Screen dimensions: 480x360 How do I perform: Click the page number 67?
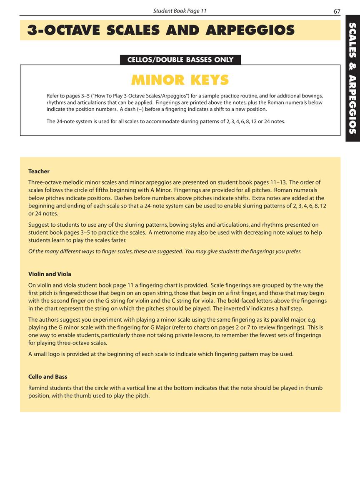337,11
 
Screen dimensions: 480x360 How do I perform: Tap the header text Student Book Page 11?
180,11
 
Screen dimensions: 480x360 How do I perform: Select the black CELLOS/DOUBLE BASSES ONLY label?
180,60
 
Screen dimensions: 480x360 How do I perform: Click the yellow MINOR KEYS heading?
180,80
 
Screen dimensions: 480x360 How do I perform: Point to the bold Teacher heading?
39,171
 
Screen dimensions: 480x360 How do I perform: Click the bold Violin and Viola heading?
50,274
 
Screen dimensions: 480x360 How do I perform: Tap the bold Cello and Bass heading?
47,377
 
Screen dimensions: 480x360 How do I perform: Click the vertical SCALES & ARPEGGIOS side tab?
352,78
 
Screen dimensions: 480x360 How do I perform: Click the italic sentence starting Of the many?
165,251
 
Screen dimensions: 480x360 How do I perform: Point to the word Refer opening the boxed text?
53,96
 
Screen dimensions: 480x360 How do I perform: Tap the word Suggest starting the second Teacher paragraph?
39,225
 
